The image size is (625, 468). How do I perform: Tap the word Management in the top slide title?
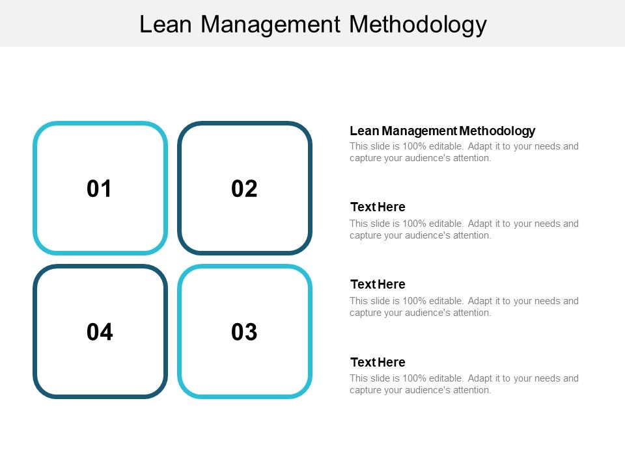[270, 24]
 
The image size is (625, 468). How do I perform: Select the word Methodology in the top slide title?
[417, 24]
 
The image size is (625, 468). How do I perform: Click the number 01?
[100, 189]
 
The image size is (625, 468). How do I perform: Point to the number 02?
[244, 189]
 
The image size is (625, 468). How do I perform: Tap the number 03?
[244, 332]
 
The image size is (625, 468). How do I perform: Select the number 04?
[100, 332]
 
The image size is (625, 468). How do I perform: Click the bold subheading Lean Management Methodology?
[442, 131]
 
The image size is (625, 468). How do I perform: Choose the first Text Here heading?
[378, 207]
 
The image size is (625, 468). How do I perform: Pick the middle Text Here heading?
[378, 285]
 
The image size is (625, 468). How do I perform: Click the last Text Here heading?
[378, 362]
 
